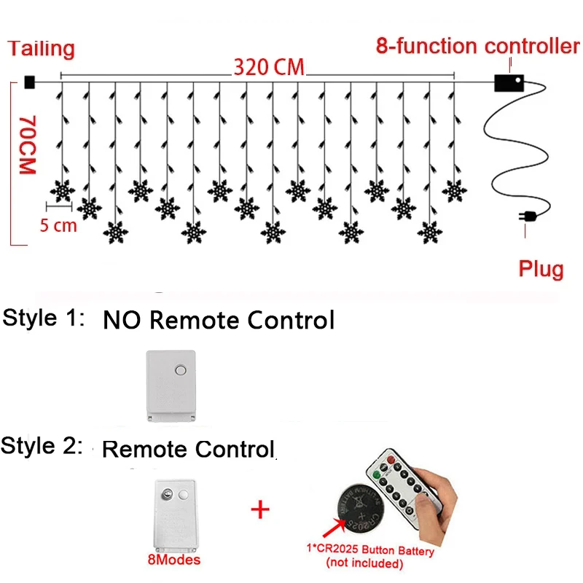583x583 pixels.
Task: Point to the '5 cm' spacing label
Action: (x=58, y=225)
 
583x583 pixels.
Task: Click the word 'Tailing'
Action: (x=42, y=49)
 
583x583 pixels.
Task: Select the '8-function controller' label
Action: (x=478, y=46)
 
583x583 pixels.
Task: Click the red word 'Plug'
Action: (x=541, y=269)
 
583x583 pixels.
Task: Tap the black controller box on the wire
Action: (x=509, y=82)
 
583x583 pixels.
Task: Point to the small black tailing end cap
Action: (x=29, y=82)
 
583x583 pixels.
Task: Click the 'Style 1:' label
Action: (x=44, y=318)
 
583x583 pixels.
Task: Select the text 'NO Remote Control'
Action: (x=219, y=320)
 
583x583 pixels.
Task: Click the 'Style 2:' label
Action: (x=42, y=446)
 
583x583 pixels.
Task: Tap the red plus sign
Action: (x=260, y=509)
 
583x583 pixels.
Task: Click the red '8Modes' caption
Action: (x=174, y=560)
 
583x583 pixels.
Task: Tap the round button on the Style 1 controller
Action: (x=180, y=372)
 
